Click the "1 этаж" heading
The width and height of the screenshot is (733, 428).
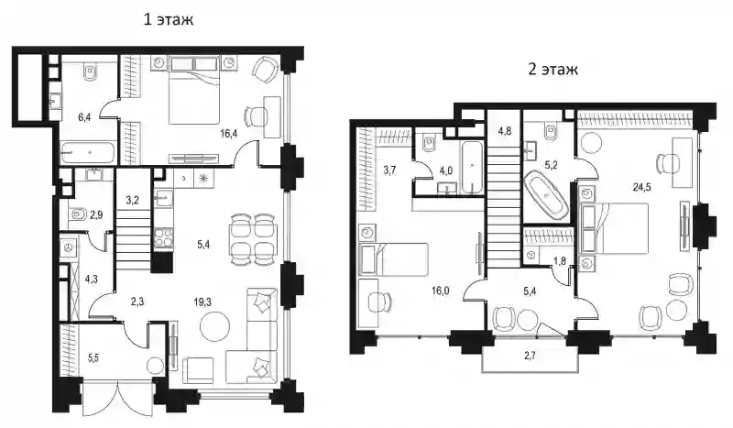point(168,19)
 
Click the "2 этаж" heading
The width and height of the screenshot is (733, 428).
point(552,70)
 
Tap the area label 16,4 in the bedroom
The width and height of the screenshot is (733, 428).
point(229,133)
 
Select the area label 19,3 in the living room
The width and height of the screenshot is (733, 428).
point(202,302)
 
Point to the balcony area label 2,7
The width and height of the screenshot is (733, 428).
point(531,356)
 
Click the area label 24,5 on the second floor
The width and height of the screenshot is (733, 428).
point(642,187)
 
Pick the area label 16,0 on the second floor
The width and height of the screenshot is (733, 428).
point(441,291)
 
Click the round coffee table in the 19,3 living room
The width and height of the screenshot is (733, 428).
point(214,327)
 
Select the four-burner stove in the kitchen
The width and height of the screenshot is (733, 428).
point(164,237)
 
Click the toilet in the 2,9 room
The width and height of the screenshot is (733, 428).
point(78,215)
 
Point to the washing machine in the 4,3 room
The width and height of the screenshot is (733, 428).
point(69,247)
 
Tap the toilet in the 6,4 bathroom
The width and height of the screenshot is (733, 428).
point(90,71)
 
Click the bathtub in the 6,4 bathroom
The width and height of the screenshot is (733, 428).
point(88,153)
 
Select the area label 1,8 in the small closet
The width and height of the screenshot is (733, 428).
point(560,260)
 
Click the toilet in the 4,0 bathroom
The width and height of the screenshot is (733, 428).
point(429,143)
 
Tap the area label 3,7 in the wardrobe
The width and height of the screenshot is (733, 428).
point(389,170)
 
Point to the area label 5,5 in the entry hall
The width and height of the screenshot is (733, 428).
point(93,359)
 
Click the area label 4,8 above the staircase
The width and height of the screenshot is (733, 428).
point(505,131)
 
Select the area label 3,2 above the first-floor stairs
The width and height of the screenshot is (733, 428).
point(132,201)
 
